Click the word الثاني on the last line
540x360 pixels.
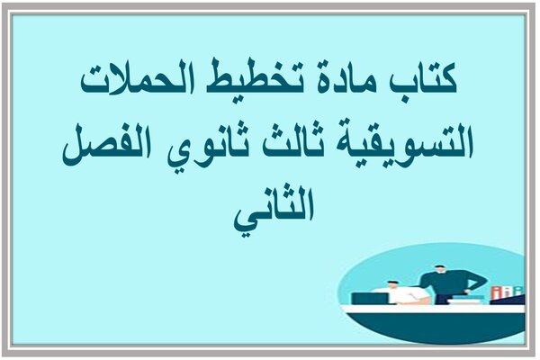(x=274, y=211)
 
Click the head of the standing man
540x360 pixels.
(x=439, y=270)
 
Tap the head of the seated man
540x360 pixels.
(x=391, y=285)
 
